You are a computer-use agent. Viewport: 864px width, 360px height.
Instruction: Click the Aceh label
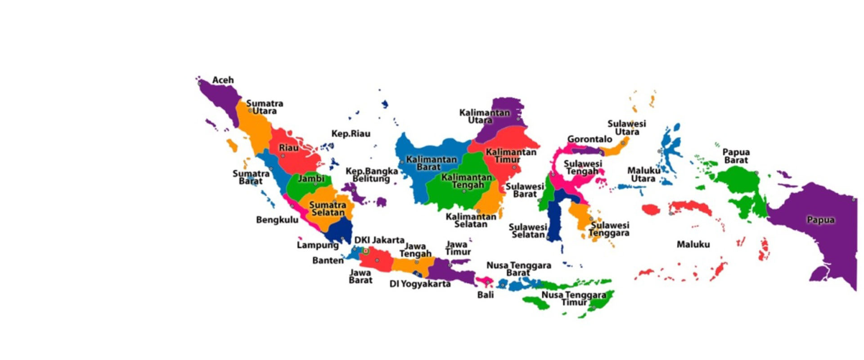tap(223, 80)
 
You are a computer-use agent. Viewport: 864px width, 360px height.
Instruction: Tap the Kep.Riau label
tap(351, 134)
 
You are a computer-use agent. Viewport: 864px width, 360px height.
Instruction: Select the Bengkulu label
tap(277, 220)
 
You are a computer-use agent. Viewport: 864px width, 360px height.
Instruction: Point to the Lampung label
tap(317, 245)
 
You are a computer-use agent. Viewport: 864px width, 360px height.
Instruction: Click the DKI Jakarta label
tap(379, 240)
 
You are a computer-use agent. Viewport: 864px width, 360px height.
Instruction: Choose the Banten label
tap(328, 260)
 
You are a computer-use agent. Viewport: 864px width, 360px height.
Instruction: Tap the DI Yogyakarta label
tap(419, 284)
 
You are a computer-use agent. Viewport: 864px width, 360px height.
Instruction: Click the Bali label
tap(485, 295)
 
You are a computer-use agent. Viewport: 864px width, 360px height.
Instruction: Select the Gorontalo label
tap(589, 139)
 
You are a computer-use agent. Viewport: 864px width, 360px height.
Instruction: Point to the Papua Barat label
tap(736, 156)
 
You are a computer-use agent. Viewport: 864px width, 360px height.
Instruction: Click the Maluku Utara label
tap(643, 175)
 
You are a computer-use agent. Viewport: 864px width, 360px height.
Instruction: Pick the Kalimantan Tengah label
tap(467, 181)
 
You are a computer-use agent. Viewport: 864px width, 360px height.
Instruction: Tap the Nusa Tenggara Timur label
tap(574, 298)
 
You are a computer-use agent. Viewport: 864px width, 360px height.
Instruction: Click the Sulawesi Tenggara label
tap(609, 229)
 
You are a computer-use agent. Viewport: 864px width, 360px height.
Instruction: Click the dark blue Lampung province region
tap(340, 229)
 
